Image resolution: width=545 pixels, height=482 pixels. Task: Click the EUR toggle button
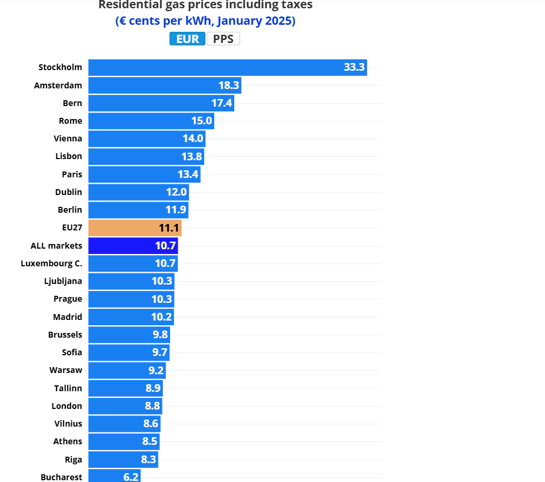pos(187,39)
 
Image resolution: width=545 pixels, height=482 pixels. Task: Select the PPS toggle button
pos(223,39)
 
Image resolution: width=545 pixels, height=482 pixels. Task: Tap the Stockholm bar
pos(228,68)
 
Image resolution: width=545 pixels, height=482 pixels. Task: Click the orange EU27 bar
pos(135,228)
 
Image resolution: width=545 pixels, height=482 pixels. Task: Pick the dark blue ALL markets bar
pos(133,246)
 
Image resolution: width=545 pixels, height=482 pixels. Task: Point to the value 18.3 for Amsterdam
pos(229,85)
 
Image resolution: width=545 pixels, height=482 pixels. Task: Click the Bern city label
pos(72,103)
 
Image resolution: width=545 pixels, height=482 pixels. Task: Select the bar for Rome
pos(151,121)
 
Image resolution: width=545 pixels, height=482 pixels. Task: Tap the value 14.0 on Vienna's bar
pos(193,138)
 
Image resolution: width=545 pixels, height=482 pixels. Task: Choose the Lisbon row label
pos(69,156)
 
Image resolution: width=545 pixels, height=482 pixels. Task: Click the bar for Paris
pos(144,174)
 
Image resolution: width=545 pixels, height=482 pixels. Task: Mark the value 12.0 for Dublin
pos(176,192)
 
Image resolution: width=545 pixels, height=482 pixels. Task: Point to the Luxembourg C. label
pos(51,263)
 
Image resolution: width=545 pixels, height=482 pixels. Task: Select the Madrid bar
pos(131,317)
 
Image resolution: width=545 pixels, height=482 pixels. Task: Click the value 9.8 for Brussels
pos(160,335)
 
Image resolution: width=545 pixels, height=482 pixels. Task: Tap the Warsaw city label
pos(66,370)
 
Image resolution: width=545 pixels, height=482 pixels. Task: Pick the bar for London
pos(125,406)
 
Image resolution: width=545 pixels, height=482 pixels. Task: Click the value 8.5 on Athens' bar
pos(150,441)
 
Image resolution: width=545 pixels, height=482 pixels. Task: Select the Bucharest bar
pos(114,476)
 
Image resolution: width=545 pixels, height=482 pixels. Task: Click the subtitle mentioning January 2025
pos(205,21)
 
